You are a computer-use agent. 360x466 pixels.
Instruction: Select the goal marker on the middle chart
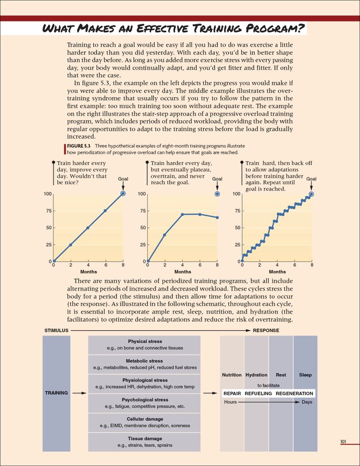217,194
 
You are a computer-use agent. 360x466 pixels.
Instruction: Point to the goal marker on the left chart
123,194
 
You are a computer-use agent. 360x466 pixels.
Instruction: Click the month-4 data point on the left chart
88,228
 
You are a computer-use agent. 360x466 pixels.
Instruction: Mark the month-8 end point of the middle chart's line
217,217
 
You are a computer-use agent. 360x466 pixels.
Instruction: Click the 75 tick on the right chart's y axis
236,211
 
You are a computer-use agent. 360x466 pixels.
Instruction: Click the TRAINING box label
57,393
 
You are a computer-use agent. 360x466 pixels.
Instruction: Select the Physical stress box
144,345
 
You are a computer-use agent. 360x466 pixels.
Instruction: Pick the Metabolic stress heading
144,361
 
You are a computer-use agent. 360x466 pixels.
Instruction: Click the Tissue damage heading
144,438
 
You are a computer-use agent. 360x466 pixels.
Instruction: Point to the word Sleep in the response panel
305,375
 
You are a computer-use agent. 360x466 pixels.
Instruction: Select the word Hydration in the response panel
256,375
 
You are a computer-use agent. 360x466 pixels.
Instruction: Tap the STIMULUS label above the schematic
56,331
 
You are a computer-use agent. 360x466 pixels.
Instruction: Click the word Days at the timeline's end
307,402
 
